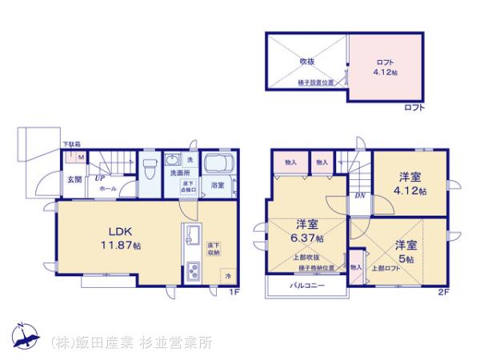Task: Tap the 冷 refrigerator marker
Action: pyautogui.click(x=226, y=277)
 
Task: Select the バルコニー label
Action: pyautogui.click(x=306, y=284)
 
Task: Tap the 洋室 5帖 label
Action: pyautogui.click(x=405, y=250)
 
